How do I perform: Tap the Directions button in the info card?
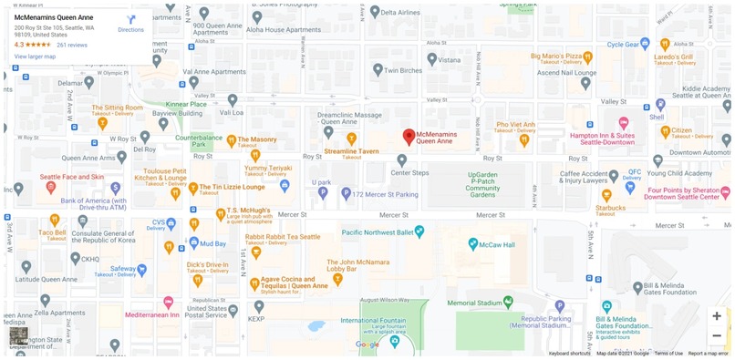(130, 22)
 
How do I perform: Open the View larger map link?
(35, 57)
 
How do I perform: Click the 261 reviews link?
(72, 44)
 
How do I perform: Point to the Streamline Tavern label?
(351, 150)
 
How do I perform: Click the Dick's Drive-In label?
(207, 264)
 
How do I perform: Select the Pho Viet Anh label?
(514, 124)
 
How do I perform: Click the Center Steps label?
(409, 172)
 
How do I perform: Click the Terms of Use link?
(668, 354)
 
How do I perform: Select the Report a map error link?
(709, 354)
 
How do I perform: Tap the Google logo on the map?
(367, 345)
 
